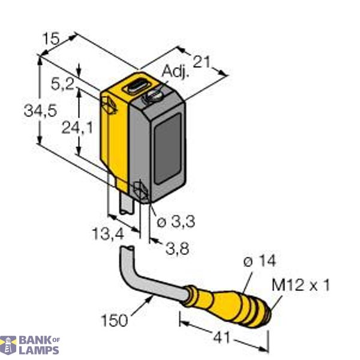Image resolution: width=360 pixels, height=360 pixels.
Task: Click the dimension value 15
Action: [x=52, y=39]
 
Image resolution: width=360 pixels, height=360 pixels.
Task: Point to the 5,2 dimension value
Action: [x=63, y=85]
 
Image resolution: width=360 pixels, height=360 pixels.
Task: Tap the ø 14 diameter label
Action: [x=259, y=261]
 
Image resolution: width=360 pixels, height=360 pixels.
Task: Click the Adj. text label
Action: [x=175, y=73]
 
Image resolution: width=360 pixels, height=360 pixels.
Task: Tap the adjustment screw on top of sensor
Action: [x=157, y=94]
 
